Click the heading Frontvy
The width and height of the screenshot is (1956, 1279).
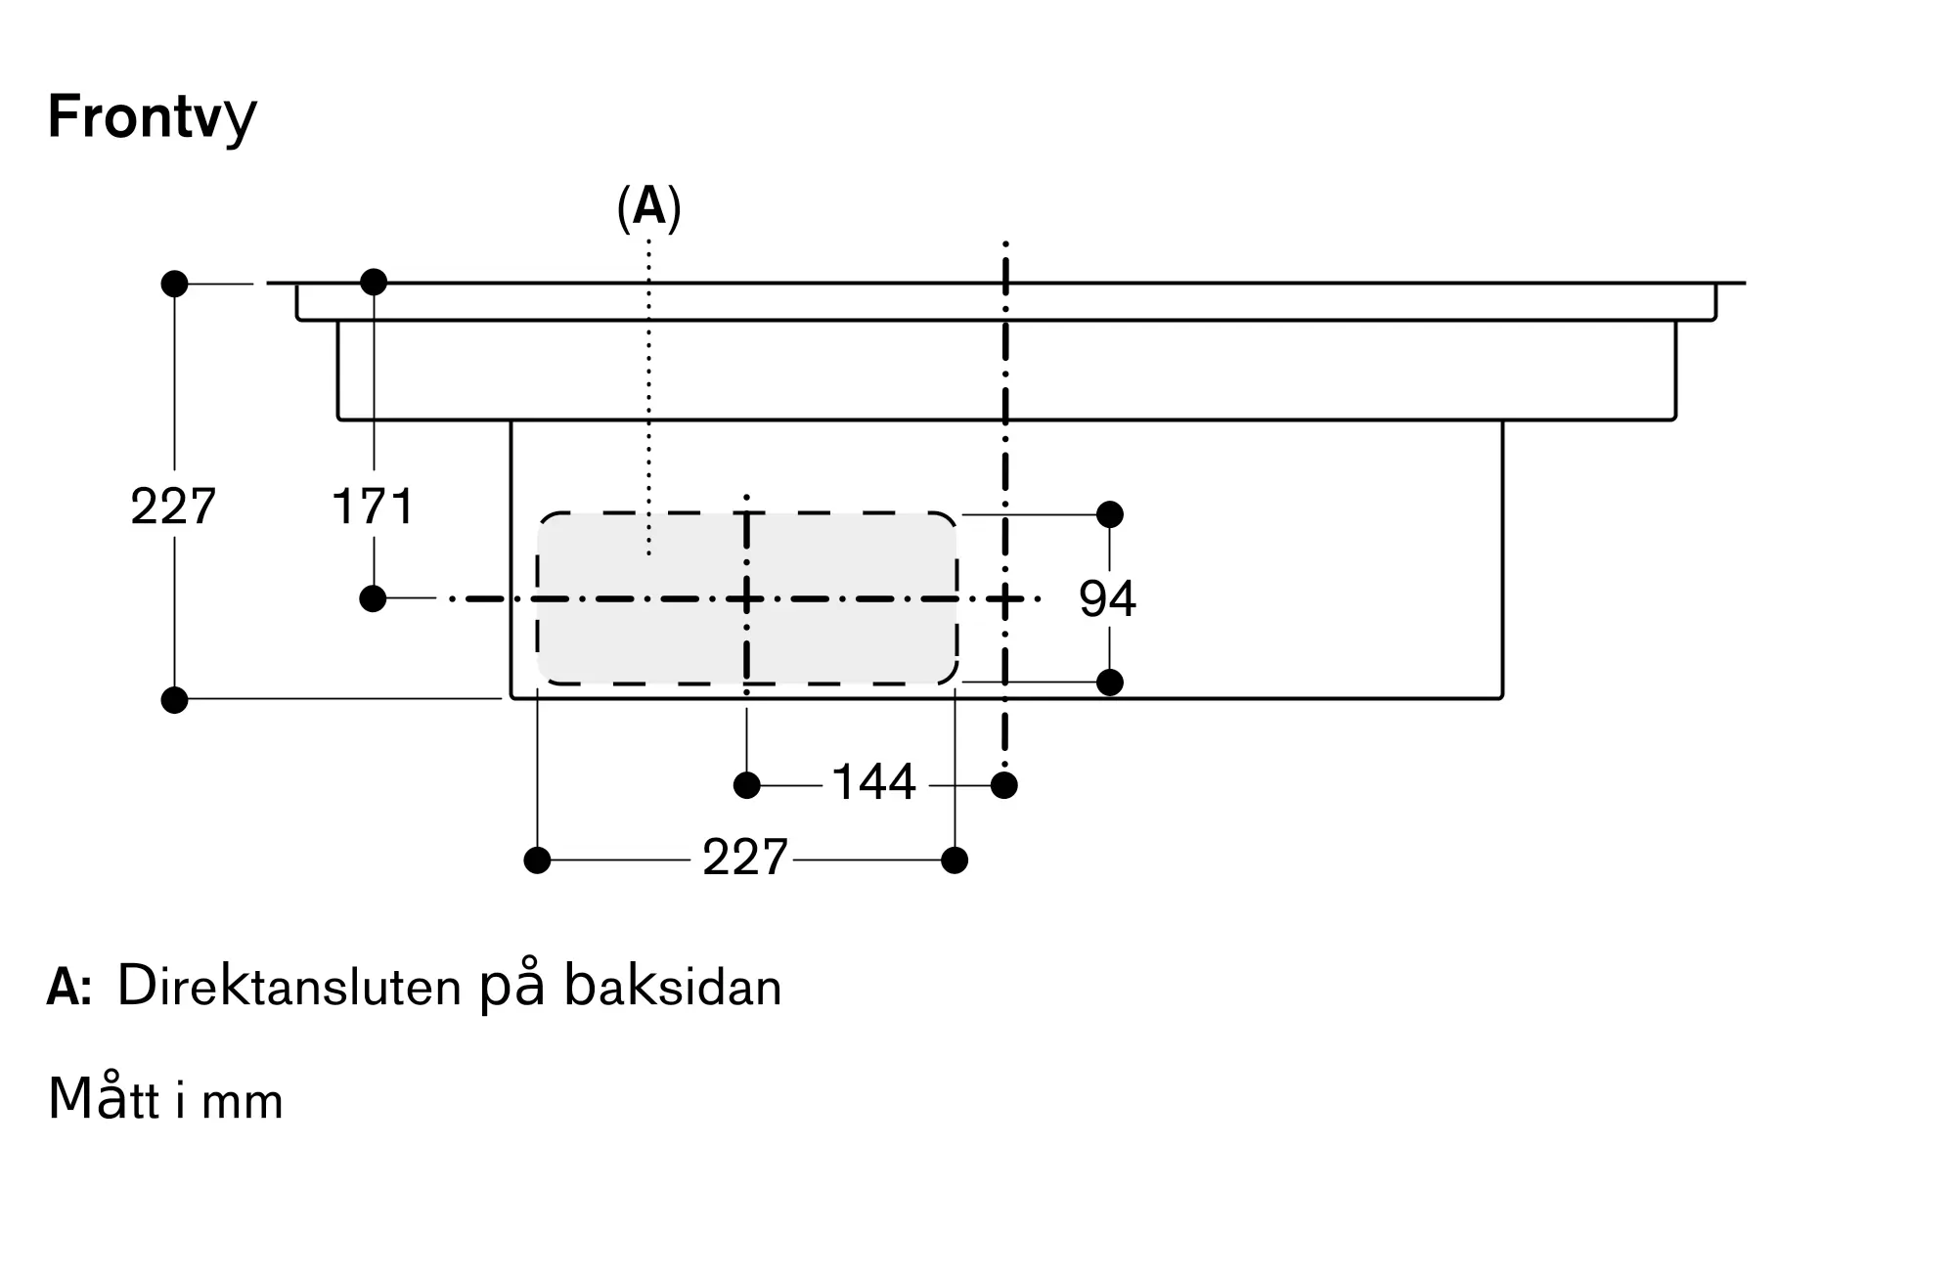pos(152,118)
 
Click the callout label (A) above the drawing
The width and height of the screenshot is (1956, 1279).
pos(648,208)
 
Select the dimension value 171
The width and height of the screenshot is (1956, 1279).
pos(373,507)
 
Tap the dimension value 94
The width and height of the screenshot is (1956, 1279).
pos(1107,598)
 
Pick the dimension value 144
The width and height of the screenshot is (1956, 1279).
pos(873,782)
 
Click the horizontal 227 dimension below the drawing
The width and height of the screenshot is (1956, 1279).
pos(745,858)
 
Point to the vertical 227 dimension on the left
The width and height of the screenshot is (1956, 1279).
pos(173,507)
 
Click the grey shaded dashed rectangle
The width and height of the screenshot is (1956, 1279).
pos(747,598)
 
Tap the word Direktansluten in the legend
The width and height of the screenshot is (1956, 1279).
pos(289,987)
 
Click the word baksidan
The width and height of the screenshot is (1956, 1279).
pos(673,987)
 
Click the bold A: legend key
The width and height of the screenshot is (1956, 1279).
pos(69,989)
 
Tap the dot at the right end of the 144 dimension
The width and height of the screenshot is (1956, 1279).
pos(1004,785)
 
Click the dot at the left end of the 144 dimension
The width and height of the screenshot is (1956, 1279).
pos(747,785)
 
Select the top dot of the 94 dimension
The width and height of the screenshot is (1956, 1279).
pos(1110,514)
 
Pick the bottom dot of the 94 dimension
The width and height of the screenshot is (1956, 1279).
pos(1110,682)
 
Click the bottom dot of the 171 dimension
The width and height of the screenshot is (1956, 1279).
pos(373,598)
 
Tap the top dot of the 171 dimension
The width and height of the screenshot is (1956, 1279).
pos(374,283)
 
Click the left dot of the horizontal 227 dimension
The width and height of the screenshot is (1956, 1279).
pos(538,860)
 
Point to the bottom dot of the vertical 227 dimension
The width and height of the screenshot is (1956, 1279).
pos(174,700)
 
